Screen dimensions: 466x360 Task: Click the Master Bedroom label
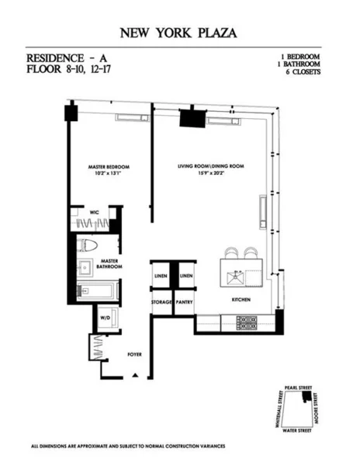tap(108, 167)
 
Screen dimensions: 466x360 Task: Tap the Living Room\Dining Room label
tap(210, 167)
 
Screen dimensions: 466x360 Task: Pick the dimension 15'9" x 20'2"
tap(210, 173)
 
